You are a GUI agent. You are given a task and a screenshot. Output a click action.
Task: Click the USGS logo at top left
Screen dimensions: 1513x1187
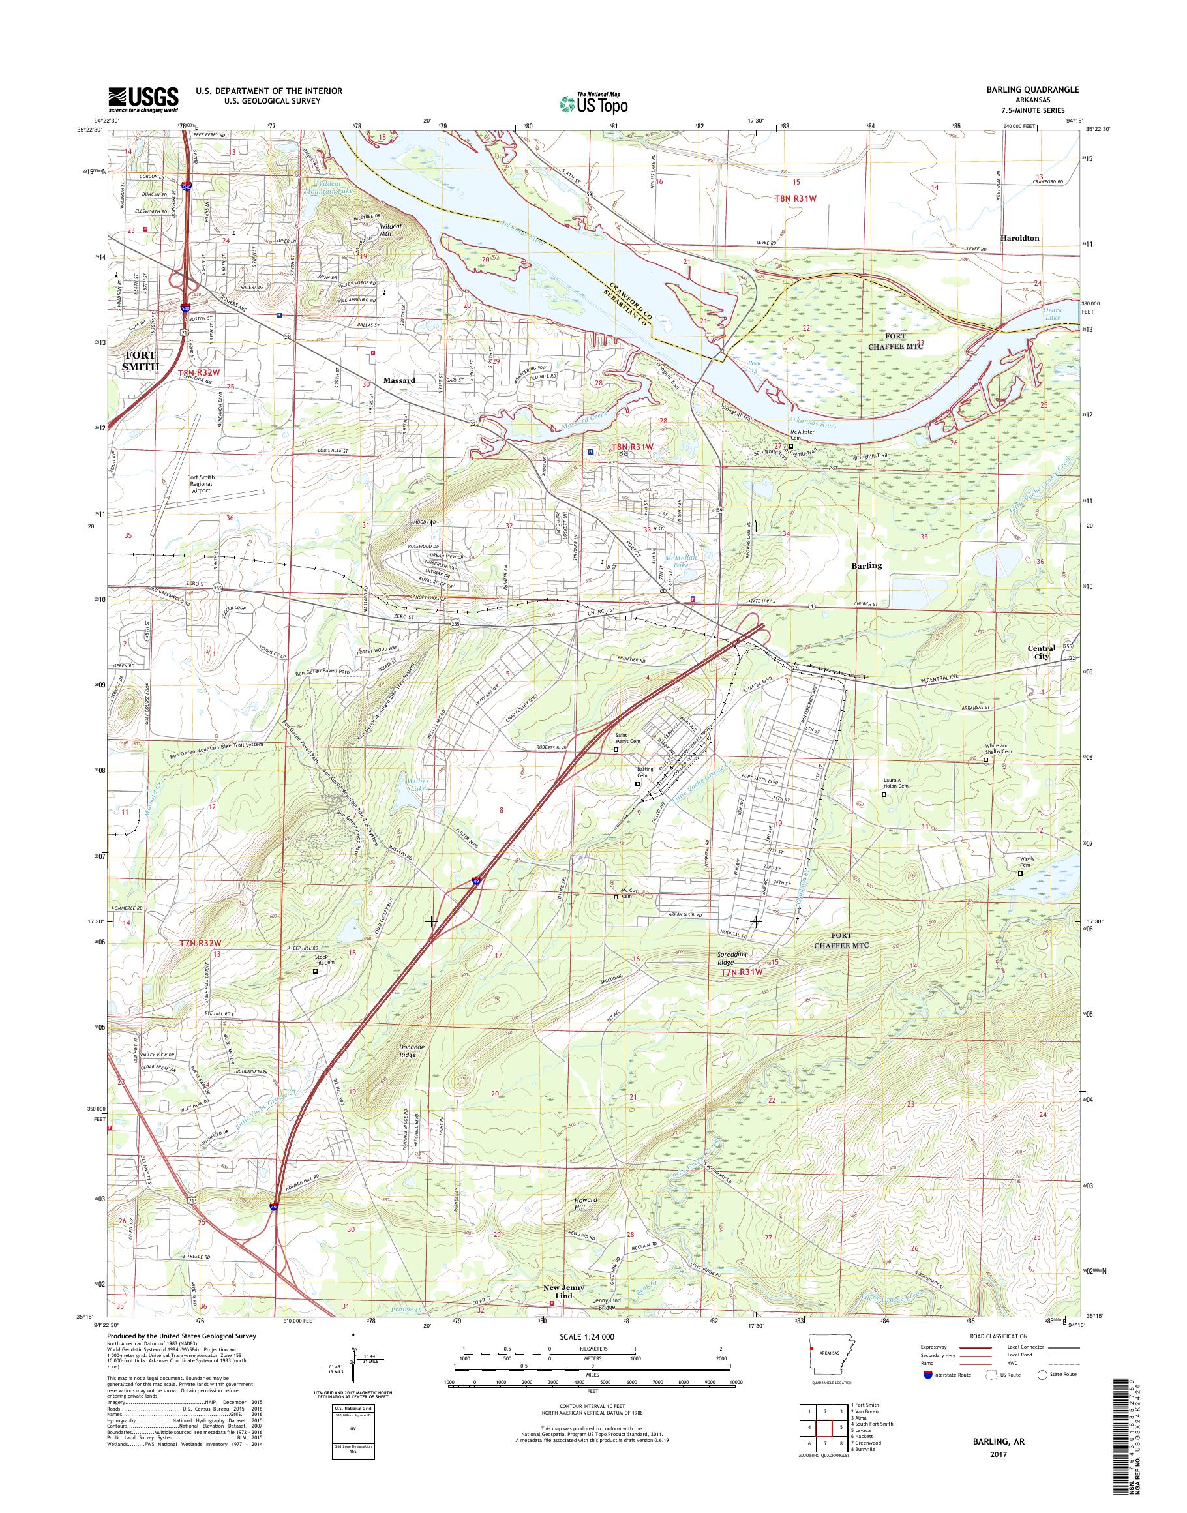(x=142, y=100)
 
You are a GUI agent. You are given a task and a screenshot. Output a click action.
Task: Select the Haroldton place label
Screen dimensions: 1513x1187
(x=1019, y=237)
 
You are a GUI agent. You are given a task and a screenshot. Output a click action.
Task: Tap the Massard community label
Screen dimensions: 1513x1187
(x=399, y=380)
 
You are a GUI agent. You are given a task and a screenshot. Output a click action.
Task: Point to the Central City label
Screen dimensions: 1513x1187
(x=1041, y=652)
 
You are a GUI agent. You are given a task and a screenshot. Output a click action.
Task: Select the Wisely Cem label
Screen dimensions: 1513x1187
(x=1027, y=863)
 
